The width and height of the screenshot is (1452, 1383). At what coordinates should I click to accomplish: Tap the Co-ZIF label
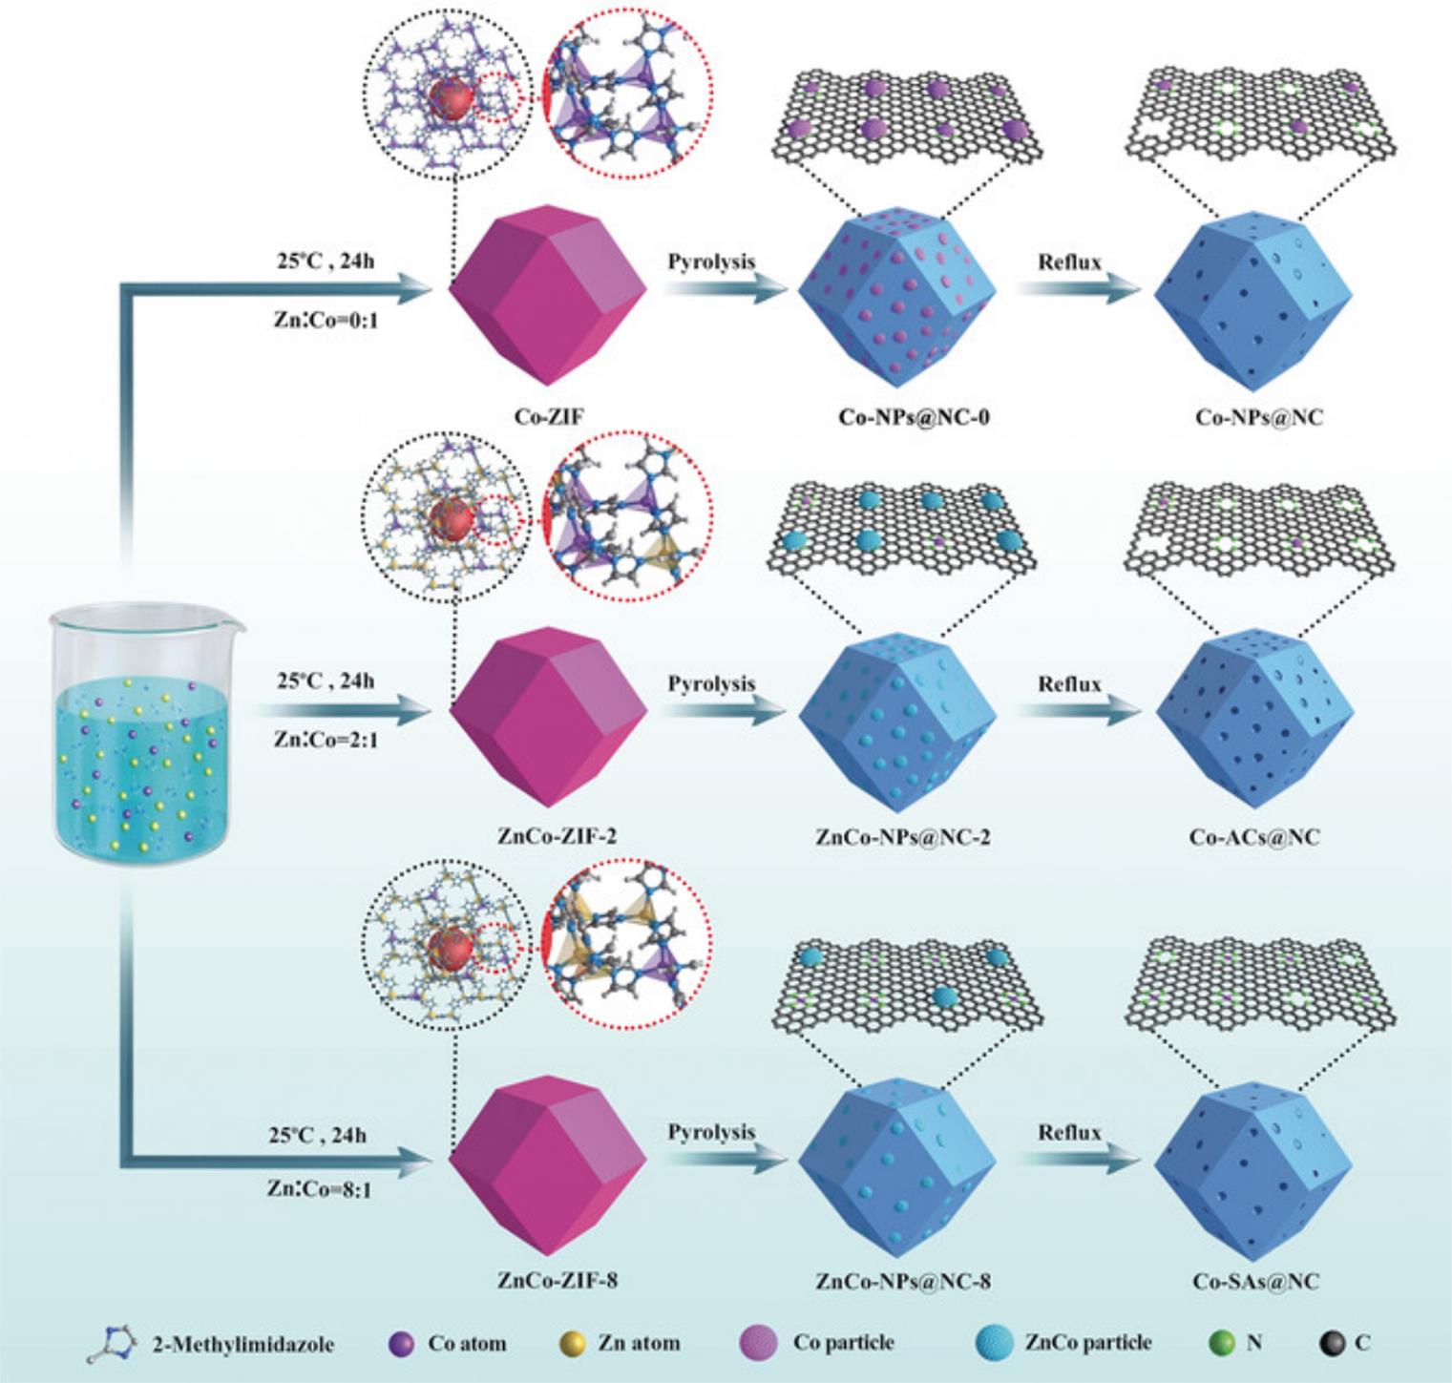[548, 417]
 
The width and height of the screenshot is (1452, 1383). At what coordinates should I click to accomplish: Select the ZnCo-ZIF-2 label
[558, 837]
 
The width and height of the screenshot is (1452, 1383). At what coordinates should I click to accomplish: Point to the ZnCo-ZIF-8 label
[558, 1281]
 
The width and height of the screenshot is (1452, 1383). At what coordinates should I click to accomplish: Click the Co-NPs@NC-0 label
[914, 417]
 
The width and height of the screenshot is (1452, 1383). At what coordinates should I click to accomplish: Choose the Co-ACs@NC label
[1255, 837]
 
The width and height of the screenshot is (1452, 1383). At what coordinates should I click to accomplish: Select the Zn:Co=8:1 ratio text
[319, 1190]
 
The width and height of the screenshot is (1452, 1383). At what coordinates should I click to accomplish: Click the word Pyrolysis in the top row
[711, 262]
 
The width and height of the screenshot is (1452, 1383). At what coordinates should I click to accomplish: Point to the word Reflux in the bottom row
[1069, 1133]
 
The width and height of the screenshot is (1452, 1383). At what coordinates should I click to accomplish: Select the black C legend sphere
[1333, 1344]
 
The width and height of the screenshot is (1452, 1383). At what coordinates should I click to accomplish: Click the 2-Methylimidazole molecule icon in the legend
[112, 1342]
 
